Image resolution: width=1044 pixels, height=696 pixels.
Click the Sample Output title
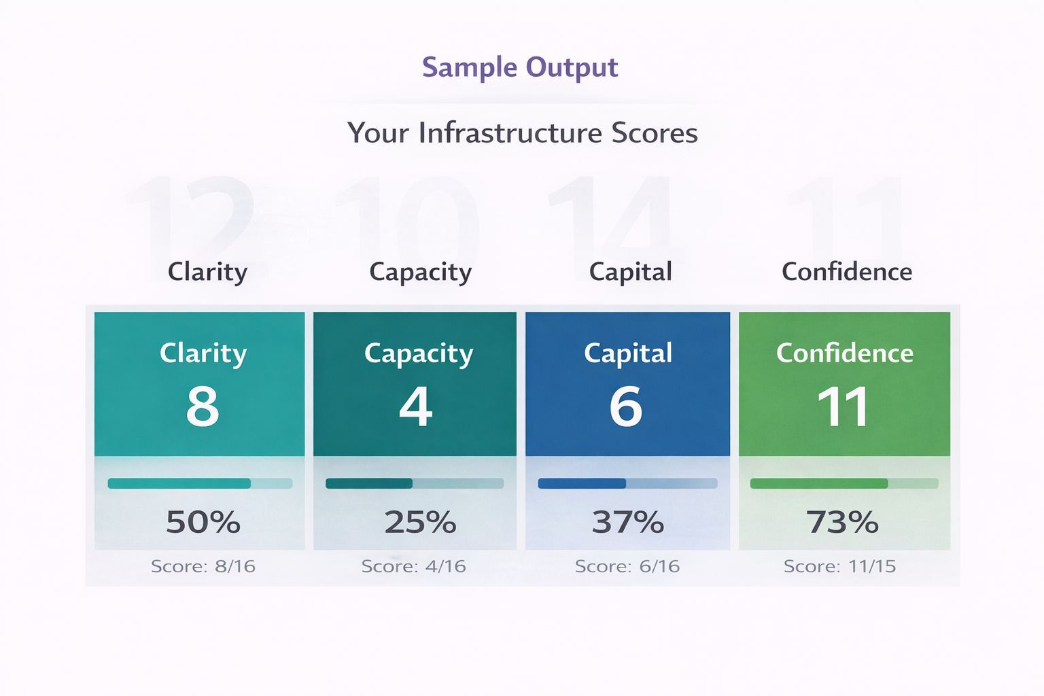tap(520, 67)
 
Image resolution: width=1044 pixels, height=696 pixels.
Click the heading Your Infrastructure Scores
tap(522, 133)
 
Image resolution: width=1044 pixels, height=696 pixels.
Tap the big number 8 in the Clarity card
tap(203, 406)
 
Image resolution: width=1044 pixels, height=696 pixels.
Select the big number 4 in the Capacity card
tap(415, 406)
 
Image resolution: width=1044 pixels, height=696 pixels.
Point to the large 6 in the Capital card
tap(626, 406)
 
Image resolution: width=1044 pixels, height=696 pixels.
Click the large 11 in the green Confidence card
tap(843, 406)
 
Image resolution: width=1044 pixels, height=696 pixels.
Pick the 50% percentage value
tap(203, 522)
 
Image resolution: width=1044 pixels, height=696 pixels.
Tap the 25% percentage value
tap(420, 522)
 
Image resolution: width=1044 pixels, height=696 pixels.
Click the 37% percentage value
tap(627, 522)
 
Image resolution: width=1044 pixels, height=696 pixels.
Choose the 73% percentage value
tap(842, 522)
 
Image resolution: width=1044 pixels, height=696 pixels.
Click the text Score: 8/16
tap(203, 566)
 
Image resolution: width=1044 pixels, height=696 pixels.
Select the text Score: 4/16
tap(413, 566)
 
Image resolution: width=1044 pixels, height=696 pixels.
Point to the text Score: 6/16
tap(627, 566)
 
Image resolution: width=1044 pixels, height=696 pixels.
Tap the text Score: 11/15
tap(839, 566)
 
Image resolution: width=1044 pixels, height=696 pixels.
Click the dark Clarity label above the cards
tap(207, 272)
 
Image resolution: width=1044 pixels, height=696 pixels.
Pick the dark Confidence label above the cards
tap(846, 272)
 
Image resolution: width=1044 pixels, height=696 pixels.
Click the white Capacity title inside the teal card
tap(418, 353)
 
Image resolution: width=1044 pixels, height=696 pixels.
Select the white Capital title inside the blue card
tap(628, 353)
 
